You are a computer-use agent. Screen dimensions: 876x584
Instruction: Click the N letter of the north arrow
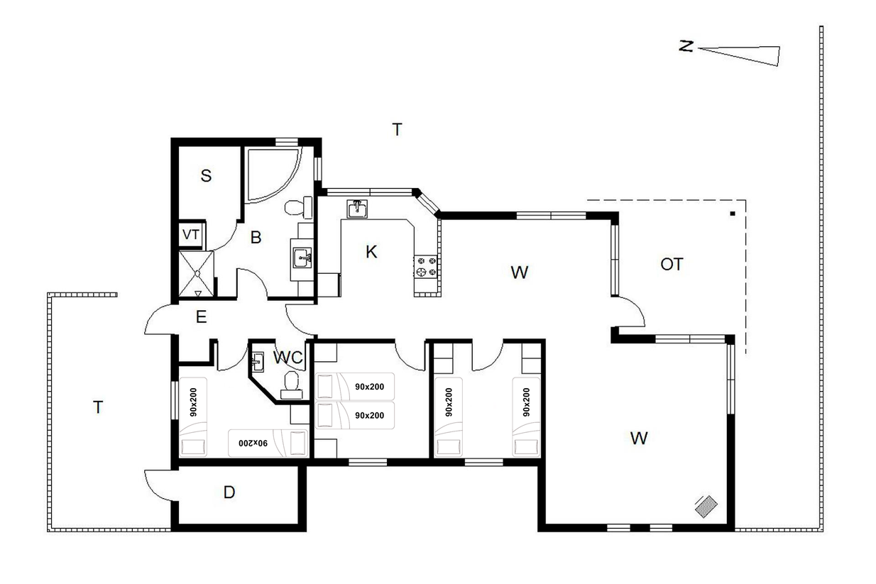686,46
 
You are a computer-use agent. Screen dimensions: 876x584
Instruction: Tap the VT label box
191,235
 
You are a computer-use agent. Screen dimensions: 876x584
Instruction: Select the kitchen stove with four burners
425,267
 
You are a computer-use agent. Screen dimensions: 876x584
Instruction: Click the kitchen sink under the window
356,209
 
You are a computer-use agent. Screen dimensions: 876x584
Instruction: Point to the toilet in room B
299,207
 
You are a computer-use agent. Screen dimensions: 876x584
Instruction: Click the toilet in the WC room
291,385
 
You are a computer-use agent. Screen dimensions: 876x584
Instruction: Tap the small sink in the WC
257,362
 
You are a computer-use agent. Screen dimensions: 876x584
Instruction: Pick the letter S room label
206,176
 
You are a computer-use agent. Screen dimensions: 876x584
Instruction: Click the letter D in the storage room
229,492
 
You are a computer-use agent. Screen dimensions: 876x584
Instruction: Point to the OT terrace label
672,265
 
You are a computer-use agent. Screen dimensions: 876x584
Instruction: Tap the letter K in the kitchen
371,252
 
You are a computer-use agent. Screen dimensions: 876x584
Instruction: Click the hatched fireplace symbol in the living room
706,507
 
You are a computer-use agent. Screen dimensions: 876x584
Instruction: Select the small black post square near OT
733,214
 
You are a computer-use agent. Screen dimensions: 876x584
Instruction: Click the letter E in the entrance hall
201,317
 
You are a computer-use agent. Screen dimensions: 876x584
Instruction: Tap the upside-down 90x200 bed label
253,443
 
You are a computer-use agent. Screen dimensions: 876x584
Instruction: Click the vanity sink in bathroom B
302,258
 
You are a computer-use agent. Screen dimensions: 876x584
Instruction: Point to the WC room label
288,357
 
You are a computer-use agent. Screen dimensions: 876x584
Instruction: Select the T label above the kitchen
397,129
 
